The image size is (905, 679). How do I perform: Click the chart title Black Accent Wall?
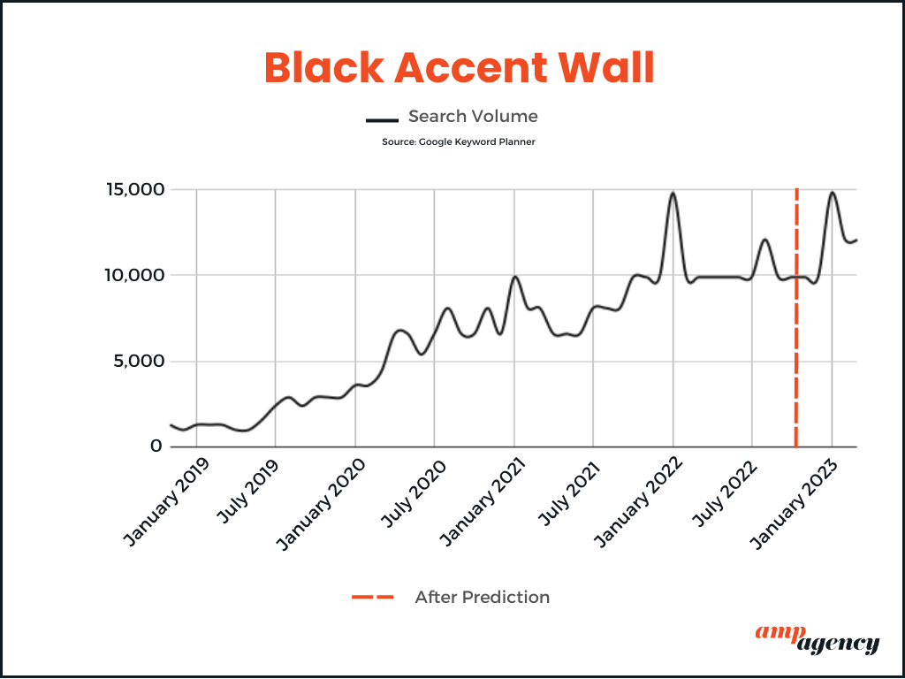coord(460,68)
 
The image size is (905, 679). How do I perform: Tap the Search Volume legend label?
coord(473,116)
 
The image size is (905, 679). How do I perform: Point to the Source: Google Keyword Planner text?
coord(459,141)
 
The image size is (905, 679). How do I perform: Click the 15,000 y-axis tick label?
coord(135,189)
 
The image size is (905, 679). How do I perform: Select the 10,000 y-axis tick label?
coord(134,276)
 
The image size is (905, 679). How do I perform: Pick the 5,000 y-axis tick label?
coord(139,362)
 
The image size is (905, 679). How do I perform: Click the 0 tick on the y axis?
coord(156,446)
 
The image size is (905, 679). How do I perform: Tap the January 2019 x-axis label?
coord(167,502)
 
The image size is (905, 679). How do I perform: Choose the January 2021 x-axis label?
coord(482,503)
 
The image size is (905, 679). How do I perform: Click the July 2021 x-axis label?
coord(570,492)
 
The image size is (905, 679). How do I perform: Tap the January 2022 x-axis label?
coord(638,503)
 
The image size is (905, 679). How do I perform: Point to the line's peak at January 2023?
coord(833,192)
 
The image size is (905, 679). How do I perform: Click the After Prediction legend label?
coord(482,597)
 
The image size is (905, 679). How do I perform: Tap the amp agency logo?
coord(818,639)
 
